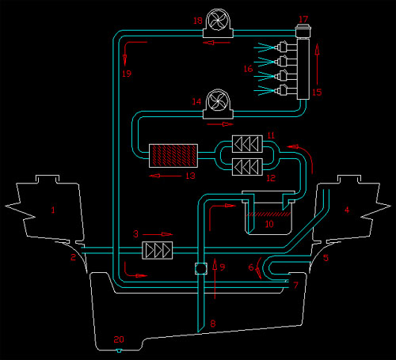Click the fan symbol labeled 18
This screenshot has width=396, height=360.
coord(218,24)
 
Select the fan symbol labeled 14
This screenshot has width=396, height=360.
coord(218,104)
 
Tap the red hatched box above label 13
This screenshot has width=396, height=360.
coord(173,156)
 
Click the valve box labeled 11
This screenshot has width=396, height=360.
coord(247,144)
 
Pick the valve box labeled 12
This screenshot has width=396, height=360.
coord(247,167)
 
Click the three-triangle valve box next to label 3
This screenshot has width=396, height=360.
coord(158,250)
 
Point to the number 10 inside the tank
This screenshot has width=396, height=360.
coord(269,224)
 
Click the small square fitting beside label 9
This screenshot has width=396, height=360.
coord(201,268)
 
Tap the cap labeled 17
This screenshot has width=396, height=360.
coord(303,31)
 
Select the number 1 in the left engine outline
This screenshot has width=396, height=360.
coord(53,210)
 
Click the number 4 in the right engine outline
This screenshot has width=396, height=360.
coord(347,210)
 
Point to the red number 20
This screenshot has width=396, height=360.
coord(119,339)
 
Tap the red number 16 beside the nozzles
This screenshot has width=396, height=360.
coord(248,69)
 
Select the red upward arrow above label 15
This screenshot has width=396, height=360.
coord(317,64)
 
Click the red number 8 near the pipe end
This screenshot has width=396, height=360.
coord(213,324)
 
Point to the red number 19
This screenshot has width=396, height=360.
coord(127,74)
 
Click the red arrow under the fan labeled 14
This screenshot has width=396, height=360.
coord(220,124)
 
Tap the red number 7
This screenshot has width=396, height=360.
coord(295,285)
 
